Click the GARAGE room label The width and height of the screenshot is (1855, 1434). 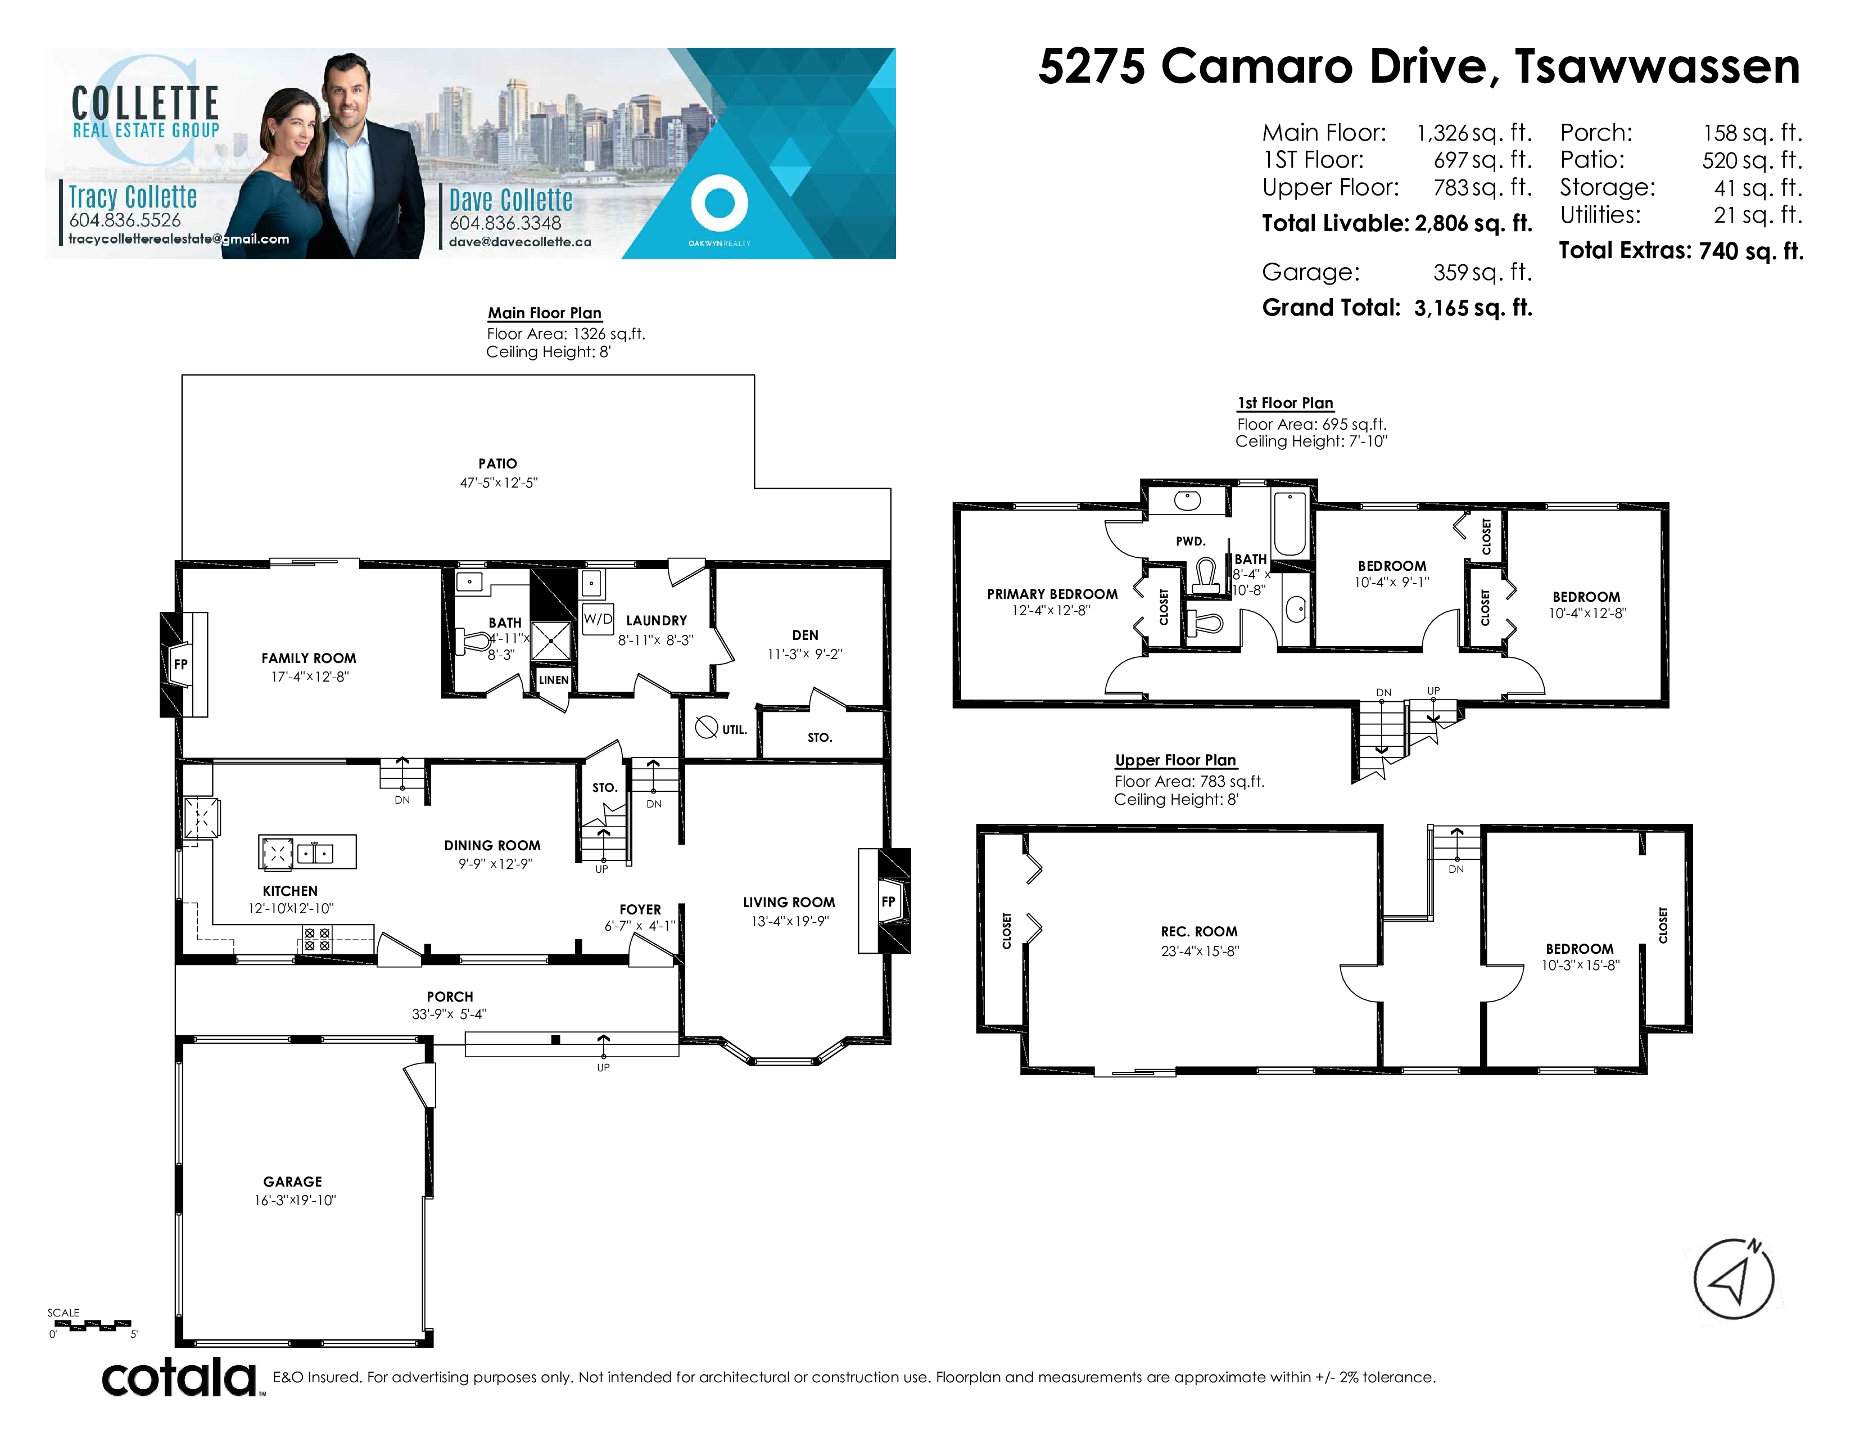292,1182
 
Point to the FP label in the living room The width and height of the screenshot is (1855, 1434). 888,901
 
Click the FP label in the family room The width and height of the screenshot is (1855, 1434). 180,664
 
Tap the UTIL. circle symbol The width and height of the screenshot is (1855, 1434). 707,727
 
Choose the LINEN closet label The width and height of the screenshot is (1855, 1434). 554,680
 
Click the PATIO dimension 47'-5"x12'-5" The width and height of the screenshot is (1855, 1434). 499,482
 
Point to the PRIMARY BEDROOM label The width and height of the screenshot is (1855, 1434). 1052,594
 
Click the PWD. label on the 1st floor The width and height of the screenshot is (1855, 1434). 1191,541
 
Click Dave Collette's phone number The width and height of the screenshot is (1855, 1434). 505,223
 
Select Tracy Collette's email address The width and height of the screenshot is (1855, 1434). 178,238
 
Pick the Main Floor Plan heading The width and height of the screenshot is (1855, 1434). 545,313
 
